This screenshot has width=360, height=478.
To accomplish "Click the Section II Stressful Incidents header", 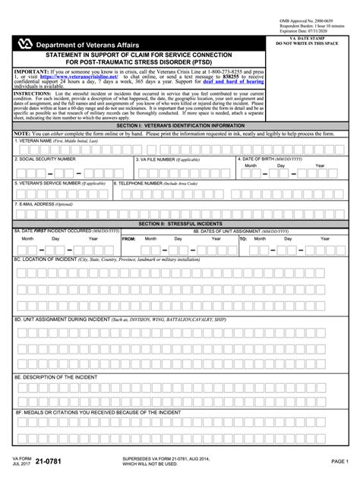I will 179,225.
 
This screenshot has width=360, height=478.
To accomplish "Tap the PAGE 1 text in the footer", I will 339,461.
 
